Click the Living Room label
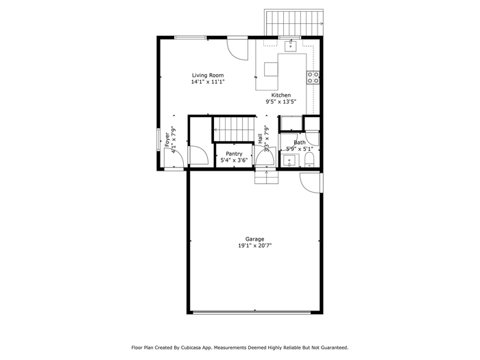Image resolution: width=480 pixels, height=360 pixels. tap(208, 75)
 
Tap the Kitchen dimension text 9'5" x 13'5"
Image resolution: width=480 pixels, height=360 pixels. tap(280, 102)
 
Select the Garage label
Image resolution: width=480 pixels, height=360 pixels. tap(254, 239)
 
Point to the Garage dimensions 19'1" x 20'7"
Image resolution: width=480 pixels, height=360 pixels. tap(254, 245)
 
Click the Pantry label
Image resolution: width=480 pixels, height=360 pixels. tap(235, 154)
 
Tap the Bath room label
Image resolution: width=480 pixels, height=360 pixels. tap(300, 143)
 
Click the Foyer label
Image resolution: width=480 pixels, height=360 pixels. tap(167, 139)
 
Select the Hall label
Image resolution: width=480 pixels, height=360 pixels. tap(260, 139)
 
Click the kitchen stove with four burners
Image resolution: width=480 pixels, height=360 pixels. tap(313, 77)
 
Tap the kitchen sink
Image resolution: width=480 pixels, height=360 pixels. tap(290, 47)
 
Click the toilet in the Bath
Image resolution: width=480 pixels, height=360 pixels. tap(309, 160)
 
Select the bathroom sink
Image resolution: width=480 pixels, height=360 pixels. tap(289, 160)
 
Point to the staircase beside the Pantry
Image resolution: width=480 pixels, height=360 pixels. tap(234, 130)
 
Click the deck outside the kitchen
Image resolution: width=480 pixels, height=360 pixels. tap(294, 23)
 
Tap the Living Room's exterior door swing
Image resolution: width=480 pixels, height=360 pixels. tap(237, 49)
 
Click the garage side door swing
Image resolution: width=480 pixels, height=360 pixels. tap(311, 183)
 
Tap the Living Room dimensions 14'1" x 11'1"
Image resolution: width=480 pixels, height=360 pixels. tap(208, 82)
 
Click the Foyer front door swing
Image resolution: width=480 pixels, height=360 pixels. tap(173, 157)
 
